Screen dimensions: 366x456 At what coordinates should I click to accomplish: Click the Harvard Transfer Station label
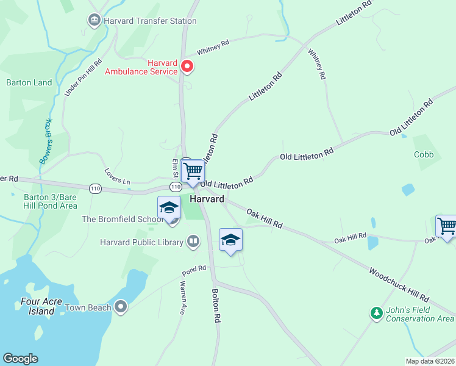(x=149, y=21)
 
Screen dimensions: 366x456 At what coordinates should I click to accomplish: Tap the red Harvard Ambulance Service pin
(x=187, y=66)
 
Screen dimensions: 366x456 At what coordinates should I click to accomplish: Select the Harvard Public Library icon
(x=193, y=242)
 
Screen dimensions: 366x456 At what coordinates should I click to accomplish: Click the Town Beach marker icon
(x=121, y=307)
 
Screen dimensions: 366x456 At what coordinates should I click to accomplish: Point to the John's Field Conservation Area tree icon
(x=377, y=314)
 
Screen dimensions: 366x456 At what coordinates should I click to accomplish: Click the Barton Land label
(x=29, y=82)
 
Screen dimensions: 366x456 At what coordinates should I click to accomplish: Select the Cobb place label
(x=423, y=155)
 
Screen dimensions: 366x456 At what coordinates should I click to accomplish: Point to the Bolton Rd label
(x=216, y=305)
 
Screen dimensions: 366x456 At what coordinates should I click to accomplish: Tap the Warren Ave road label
(x=182, y=297)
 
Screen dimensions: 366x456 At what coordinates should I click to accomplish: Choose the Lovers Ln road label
(x=118, y=177)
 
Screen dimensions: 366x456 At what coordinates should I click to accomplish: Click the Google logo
(x=20, y=359)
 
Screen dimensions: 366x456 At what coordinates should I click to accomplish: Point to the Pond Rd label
(x=194, y=270)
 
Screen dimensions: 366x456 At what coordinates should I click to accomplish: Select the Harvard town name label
(x=207, y=199)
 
